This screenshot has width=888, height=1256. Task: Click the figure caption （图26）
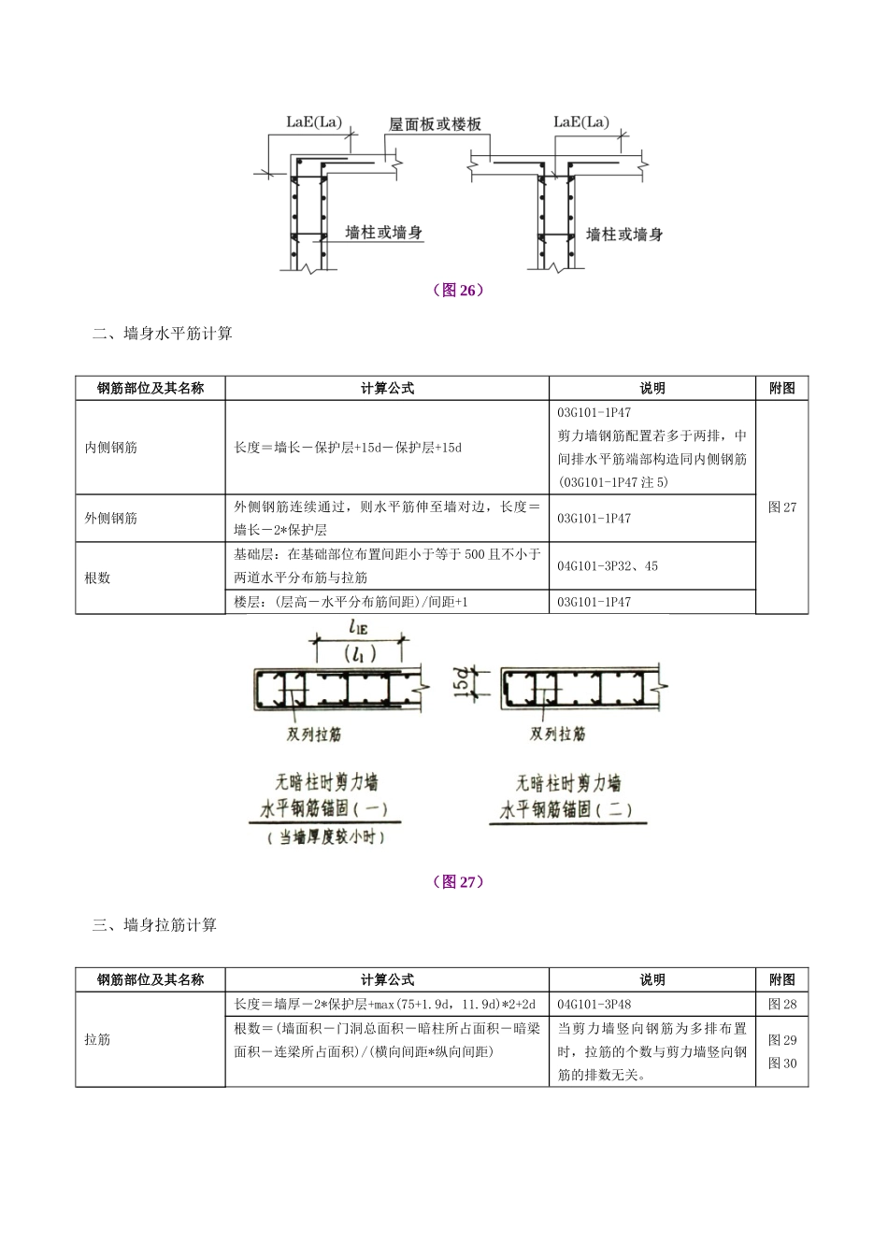coord(457,290)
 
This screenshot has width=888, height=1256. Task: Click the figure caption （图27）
coord(457,881)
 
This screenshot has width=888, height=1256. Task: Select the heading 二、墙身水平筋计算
coord(163,334)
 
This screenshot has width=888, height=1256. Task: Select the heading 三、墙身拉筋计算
coord(155,925)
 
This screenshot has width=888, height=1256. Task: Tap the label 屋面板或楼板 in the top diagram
coord(435,124)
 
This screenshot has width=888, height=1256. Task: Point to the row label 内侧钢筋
coord(111,448)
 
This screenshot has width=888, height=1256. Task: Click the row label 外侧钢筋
coord(111,518)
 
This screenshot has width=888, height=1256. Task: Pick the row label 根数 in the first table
coord(97,578)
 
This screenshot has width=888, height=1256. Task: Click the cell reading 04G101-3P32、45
coord(608,565)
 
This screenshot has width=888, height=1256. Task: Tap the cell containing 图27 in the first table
coord(781,507)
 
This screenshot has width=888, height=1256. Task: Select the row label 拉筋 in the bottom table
coord(97,1039)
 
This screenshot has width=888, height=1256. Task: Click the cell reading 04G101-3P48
coord(594,1005)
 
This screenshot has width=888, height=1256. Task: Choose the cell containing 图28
coord(781,1005)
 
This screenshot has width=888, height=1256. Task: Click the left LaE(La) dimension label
coord(315,122)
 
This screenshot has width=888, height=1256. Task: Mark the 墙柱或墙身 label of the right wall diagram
coord(623,235)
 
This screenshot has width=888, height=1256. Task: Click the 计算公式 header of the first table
coord(387,388)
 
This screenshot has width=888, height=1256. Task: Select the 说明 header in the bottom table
coord(652,979)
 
